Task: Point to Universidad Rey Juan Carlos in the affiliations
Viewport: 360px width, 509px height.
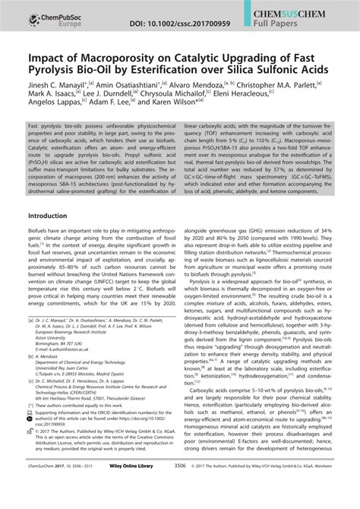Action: tap(71, 400)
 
